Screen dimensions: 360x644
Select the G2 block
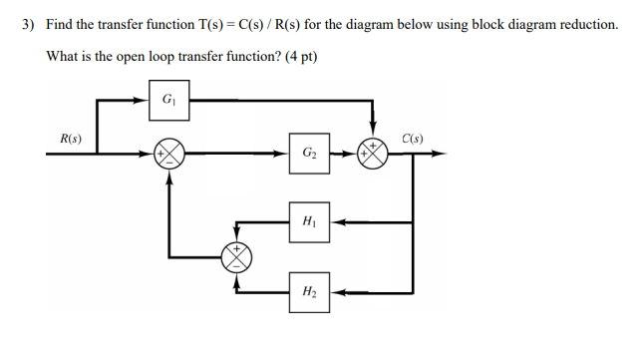click(309, 154)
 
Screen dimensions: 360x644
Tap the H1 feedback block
click(309, 221)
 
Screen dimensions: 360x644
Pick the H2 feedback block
click(309, 291)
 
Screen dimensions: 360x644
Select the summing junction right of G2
click(373, 154)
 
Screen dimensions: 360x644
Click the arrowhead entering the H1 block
click(336, 221)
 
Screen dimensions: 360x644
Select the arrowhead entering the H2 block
click(336, 291)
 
